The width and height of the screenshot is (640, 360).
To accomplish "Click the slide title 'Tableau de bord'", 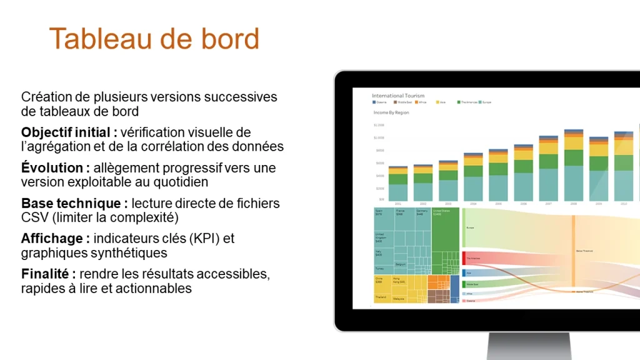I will point(154,39).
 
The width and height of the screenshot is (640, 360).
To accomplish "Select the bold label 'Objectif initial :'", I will point(69,132).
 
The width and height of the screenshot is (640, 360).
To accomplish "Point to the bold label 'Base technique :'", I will point(74,204).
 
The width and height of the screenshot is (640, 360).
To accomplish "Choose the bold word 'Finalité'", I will point(47,274).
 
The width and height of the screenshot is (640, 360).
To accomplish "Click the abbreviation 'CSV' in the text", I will point(34,217).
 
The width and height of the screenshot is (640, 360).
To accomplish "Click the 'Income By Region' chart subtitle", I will point(391,112).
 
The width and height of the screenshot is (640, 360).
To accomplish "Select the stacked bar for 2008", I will point(573,166).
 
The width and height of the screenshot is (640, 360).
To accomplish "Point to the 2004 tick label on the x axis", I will point(473,204).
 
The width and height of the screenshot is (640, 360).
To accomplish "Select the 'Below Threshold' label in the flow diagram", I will point(584,251).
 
